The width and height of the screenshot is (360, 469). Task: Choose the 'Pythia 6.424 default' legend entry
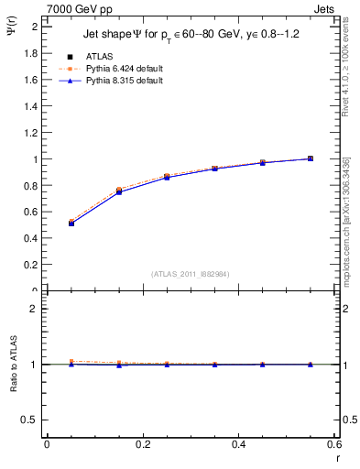tap(125, 68)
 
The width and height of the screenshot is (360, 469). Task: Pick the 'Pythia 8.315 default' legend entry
tap(125, 81)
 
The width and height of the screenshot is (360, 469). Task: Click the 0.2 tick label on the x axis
tap(142, 444)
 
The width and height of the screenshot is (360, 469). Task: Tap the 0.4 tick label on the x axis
tap(238, 444)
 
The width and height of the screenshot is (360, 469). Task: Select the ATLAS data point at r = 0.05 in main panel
tap(71, 223)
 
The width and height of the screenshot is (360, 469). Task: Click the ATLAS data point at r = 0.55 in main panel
tap(311, 158)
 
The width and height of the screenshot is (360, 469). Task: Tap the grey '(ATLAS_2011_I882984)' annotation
tap(190, 273)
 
